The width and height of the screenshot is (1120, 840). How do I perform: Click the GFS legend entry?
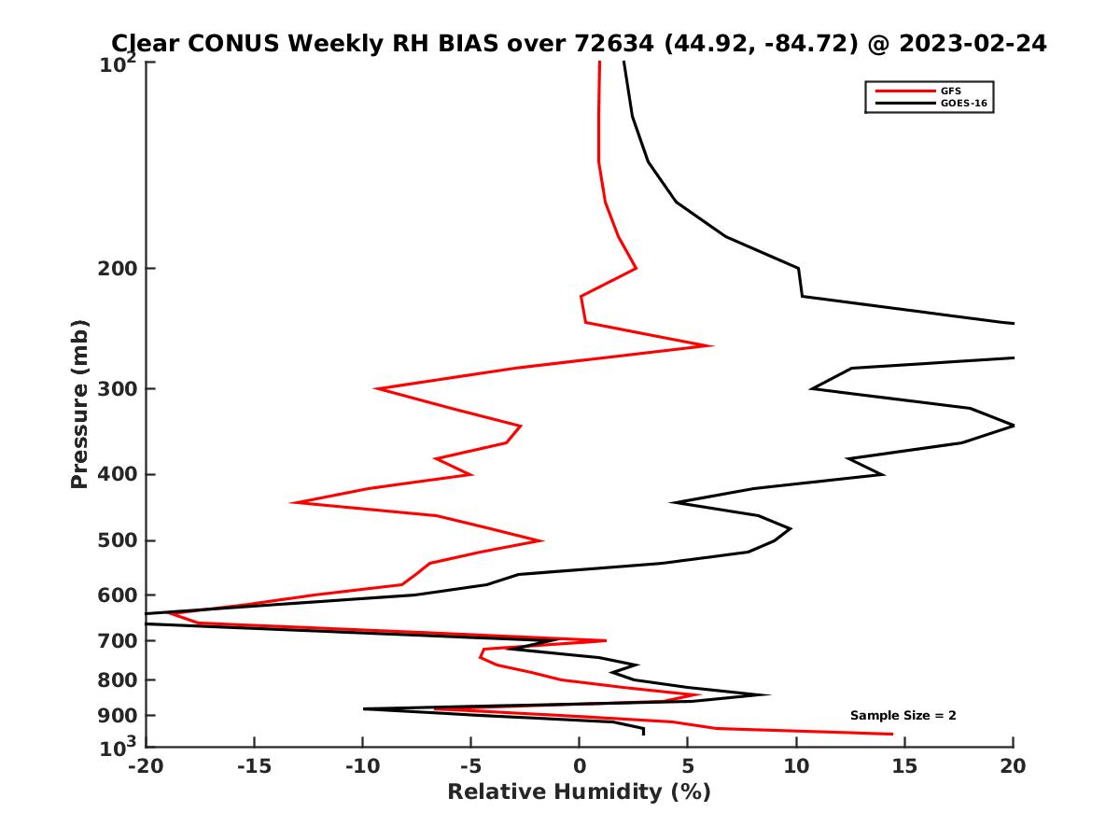coord(951,91)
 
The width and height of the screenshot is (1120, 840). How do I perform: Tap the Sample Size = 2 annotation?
coord(903,716)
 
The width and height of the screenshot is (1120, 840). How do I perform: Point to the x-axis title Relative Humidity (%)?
coord(579,792)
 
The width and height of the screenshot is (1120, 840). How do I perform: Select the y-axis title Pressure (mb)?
coord(79,403)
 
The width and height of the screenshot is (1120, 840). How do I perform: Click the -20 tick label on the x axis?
coord(145,767)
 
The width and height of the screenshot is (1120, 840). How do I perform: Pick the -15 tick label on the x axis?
coord(253,767)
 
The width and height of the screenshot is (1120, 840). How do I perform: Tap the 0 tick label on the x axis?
coord(580,767)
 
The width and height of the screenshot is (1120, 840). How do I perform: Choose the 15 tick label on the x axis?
coord(904,767)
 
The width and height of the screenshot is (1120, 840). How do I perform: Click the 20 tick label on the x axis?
coord(1013,767)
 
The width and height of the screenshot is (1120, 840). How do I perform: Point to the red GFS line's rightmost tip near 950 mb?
coord(891,734)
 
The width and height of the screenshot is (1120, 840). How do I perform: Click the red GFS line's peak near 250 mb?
coord(711,345)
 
